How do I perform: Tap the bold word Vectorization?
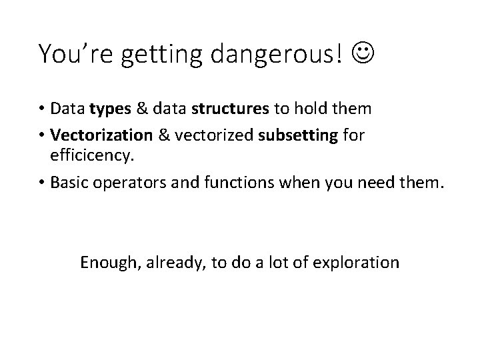tap(101, 136)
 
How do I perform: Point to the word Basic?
tap(69, 182)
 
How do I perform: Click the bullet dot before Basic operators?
tap(42, 183)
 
